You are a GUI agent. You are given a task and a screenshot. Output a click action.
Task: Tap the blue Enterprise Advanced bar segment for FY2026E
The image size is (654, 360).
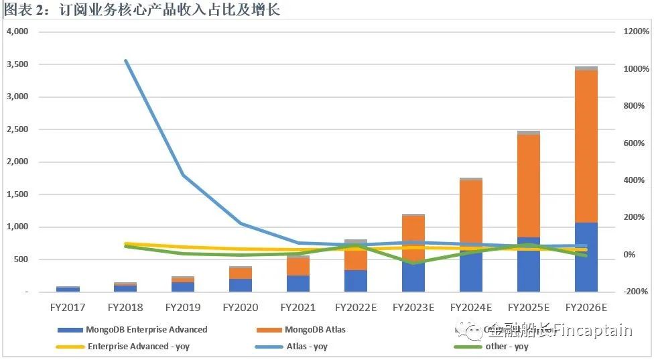tap(586, 268)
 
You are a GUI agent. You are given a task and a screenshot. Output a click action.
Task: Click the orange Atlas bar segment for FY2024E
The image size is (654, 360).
tap(471, 215)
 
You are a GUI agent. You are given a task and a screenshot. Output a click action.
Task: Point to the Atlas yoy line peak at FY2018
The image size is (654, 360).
tap(126, 61)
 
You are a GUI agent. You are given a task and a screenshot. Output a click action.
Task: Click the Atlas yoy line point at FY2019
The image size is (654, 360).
tap(184, 176)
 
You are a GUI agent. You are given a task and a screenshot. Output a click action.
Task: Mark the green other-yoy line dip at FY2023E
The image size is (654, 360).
tap(413, 263)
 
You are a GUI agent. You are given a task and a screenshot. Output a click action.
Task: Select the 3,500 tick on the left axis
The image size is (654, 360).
tap(17, 64)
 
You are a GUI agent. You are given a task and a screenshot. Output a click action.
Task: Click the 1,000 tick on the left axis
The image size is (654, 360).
tap(17, 227)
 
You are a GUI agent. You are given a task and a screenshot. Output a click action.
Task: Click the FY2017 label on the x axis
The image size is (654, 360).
tap(68, 308)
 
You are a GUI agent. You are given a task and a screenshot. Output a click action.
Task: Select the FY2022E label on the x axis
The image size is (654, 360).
tap(356, 308)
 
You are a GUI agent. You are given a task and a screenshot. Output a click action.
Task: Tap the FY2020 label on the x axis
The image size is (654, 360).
tap(241, 308)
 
